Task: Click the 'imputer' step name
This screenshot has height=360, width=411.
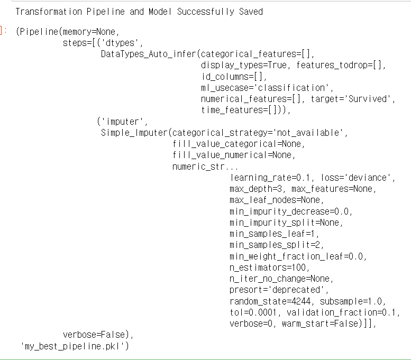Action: (x=121, y=121)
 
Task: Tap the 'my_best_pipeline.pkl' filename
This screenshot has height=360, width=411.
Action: (x=75, y=346)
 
